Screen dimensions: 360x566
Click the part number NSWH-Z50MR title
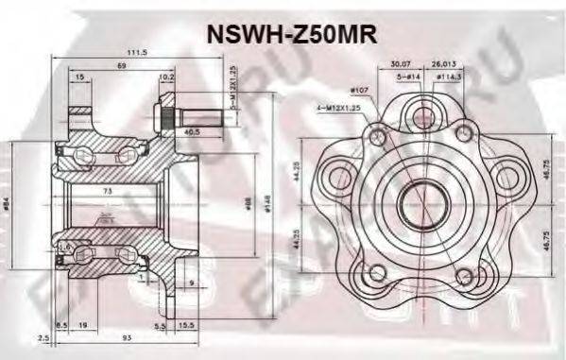pyautogui.click(x=291, y=34)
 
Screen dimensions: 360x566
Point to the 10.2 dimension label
pyautogui.click(x=166, y=77)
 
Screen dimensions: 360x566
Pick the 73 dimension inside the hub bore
pyautogui.click(x=107, y=192)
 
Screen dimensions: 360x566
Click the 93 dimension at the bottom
pyautogui.click(x=126, y=337)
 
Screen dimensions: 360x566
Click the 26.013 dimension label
pyautogui.click(x=443, y=66)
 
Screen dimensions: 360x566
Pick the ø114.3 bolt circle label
pyautogui.click(x=449, y=77)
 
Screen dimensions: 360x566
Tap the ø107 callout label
pyautogui.click(x=358, y=91)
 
